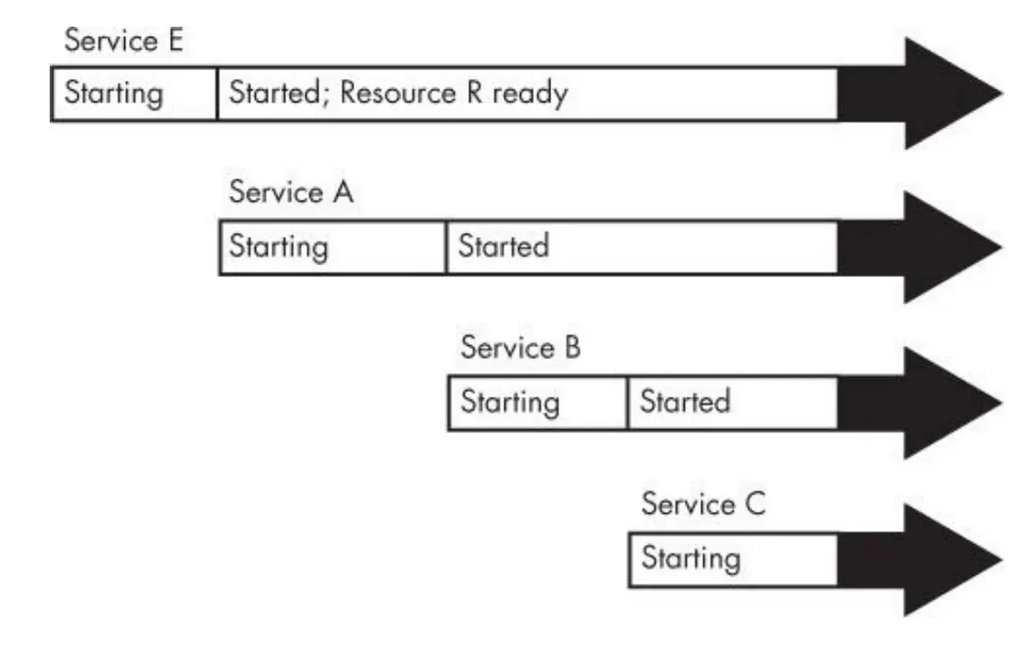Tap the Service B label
point(521,348)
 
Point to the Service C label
point(703,505)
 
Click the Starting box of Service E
point(134,94)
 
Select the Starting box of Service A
point(333,247)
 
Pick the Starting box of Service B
point(537,403)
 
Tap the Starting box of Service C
point(733,559)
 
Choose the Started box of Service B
point(733,403)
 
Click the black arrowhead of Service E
point(926,93)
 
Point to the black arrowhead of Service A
point(926,247)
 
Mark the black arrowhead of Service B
point(926,403)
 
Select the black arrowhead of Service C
point(926,559)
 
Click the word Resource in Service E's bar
point(397,94)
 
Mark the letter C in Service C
point(755,505)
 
